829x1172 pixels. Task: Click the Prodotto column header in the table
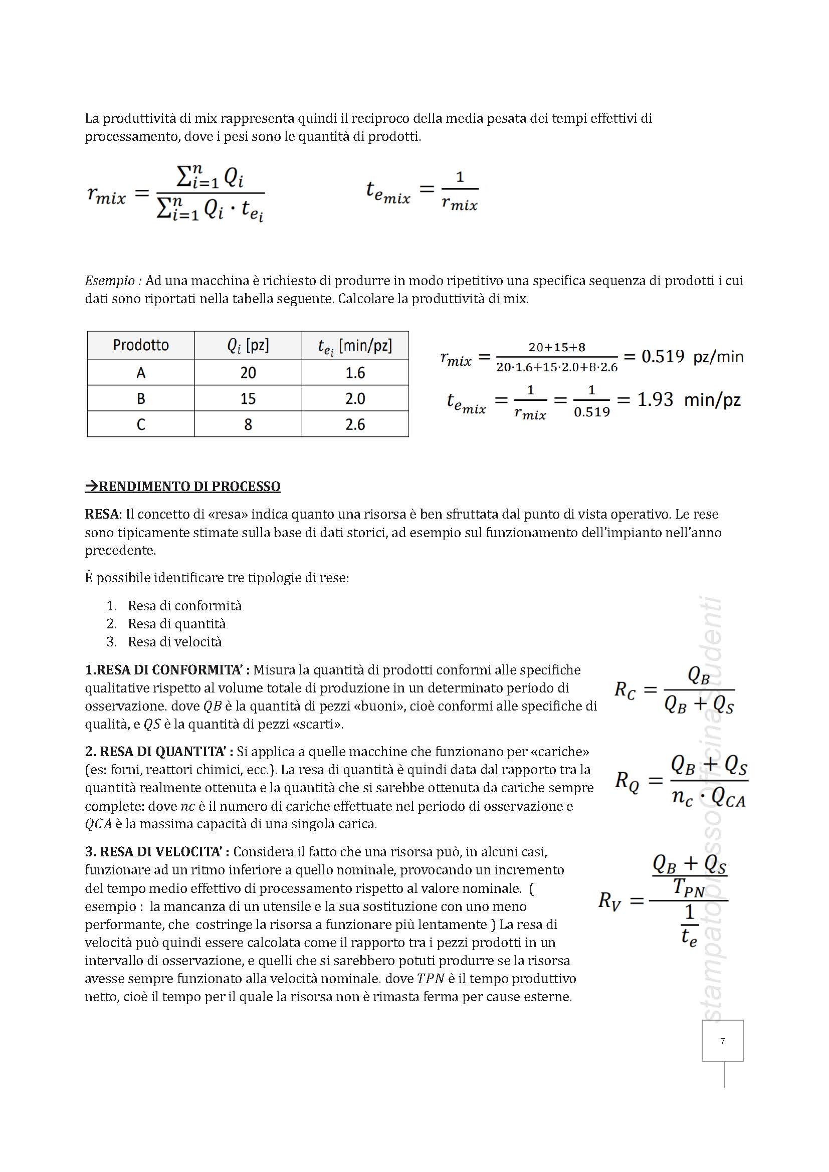141,345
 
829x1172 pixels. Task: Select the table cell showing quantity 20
248,373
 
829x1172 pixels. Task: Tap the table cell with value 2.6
355,424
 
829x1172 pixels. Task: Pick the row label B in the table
141,398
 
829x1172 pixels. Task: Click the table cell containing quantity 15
248,398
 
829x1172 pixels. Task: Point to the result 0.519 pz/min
692,356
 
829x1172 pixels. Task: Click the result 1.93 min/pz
689,399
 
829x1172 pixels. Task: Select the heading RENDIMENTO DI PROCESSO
183,486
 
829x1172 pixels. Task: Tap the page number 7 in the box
722,1041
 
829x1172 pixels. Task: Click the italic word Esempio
110,280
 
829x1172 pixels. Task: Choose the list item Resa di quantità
176,623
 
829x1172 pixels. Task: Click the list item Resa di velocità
174,642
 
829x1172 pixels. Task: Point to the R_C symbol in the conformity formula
625,690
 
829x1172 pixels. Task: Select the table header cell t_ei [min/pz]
355,346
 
